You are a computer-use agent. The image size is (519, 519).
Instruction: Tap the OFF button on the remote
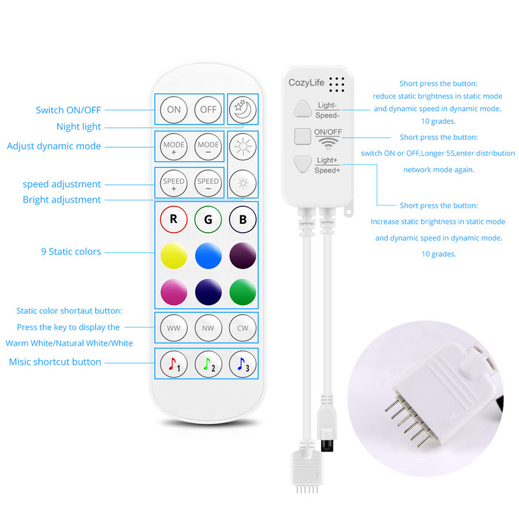click(208, 110)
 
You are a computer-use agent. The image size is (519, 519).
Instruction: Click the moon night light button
click(243, 110)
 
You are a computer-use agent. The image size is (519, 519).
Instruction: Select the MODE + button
click(174, 147)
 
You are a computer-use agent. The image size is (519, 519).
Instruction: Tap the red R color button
click(174, 219)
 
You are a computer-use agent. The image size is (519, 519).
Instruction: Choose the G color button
click(208, 219)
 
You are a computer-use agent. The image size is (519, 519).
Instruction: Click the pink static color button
click(174, 289)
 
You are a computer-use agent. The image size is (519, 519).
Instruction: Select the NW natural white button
click(208, 328)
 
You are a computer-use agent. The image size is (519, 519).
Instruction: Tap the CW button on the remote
click(243, 328)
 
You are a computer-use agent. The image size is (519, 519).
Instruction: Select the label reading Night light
click(78, 127)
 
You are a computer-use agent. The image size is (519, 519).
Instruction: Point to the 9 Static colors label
click(71, 251)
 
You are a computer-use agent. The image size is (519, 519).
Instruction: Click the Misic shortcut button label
click(55, 362)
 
